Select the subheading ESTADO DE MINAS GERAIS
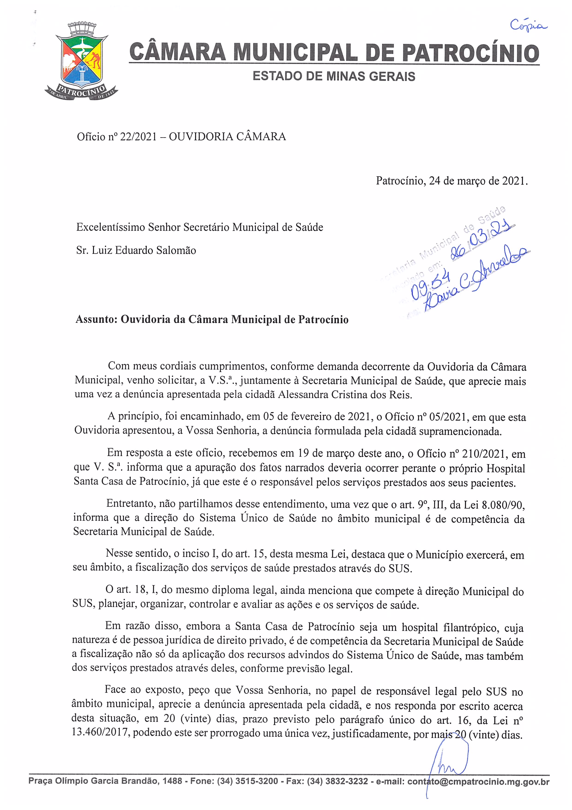tap(334, 76)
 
